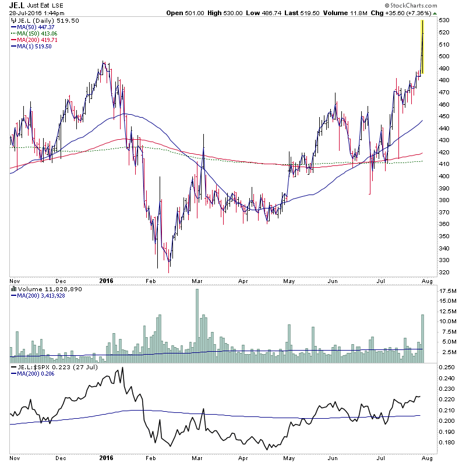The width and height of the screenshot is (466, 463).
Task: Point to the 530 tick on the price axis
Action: click(x=444, y=20)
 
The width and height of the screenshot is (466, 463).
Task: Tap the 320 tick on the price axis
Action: click(x=444, y=273)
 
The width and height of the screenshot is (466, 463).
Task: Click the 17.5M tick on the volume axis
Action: click(x=447, y=290)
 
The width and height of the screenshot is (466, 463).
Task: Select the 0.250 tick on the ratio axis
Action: click(x=447, y=367)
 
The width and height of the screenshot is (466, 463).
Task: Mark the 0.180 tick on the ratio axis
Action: click(x=447, y=442)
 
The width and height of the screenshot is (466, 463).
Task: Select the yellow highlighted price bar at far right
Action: click(x=422, y=47)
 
